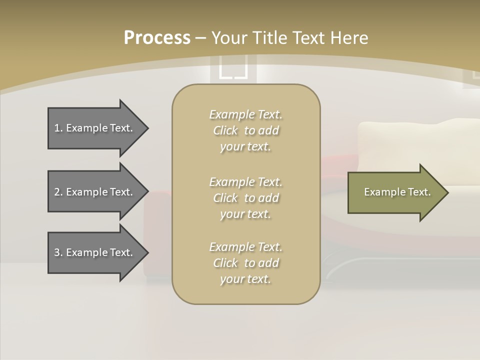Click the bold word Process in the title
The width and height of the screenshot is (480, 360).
157,38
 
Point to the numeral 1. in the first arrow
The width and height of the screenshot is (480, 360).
58,128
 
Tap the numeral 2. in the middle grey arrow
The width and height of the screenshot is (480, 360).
58,192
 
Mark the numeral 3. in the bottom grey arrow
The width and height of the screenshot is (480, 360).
58,252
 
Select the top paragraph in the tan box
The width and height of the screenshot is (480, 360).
245,130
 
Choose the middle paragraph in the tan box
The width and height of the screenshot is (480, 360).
245,197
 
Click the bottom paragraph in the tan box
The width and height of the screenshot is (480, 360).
245,263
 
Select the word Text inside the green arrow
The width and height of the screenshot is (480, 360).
419,192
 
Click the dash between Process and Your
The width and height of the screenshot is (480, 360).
200,38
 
